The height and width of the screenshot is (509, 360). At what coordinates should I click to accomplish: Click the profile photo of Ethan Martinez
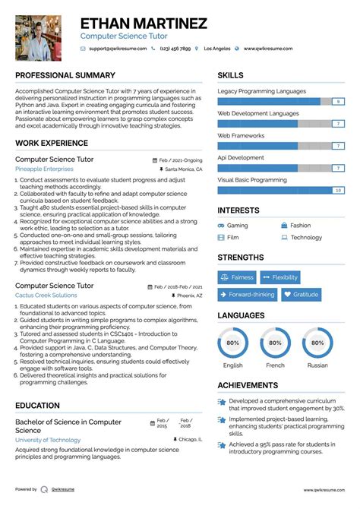click(x=39, y=38)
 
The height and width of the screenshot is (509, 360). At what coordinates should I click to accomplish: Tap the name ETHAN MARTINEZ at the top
click(x=144, y=24)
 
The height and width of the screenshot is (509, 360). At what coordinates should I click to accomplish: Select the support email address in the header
click(x=115, y=49)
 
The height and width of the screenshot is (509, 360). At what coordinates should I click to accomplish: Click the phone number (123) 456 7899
click(x=176, y=49)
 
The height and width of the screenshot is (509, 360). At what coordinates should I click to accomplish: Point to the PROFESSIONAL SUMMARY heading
click(x=65, y=76)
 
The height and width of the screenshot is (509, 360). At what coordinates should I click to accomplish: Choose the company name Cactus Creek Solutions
click(x=46, y=295)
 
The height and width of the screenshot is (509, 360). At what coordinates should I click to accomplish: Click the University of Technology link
click(x=48, y=440)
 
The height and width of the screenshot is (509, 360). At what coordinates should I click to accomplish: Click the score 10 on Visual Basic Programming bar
click(x=338, y=190)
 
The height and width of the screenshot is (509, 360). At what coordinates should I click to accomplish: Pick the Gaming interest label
click(x=237, y=226)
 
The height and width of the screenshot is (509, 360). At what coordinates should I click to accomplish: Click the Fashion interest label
click(x=300, y=226)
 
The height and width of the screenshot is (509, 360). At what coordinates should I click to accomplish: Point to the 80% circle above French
click(x=275, y=343)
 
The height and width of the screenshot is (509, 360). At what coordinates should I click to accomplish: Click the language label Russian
click(x=317, y=365)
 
